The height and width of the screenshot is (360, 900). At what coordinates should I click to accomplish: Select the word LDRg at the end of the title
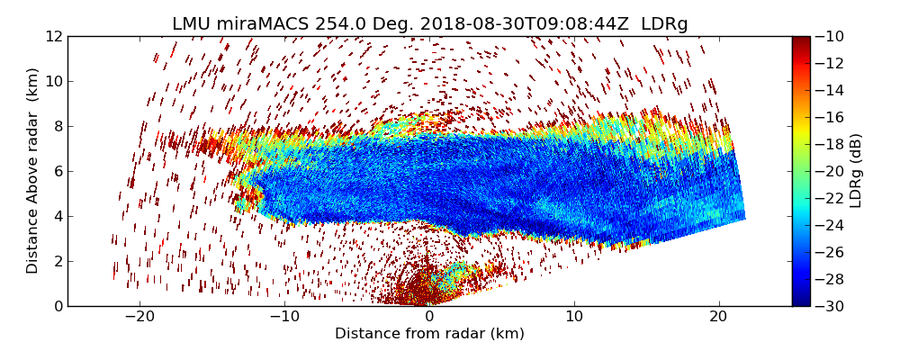(664, 24)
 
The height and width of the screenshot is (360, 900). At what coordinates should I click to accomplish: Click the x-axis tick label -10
(283, 317)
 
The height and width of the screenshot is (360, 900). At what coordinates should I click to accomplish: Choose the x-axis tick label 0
(429, 317)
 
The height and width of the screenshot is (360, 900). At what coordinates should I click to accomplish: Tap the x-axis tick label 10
(574, 317)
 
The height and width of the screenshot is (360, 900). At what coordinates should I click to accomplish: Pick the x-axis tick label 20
(718, 317)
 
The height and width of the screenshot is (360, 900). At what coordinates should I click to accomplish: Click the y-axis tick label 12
(54, 36)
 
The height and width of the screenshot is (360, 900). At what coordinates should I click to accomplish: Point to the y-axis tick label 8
(58, 126)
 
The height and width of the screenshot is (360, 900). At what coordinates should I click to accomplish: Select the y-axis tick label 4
(58, 216)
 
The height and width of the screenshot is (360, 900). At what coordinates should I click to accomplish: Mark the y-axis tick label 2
(58, 261)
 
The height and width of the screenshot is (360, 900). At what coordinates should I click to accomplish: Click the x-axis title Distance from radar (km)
(429, 334)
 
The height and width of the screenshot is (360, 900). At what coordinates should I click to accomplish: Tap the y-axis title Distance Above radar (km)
(33, 171)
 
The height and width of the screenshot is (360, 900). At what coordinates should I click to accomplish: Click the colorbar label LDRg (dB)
(856, 171)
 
